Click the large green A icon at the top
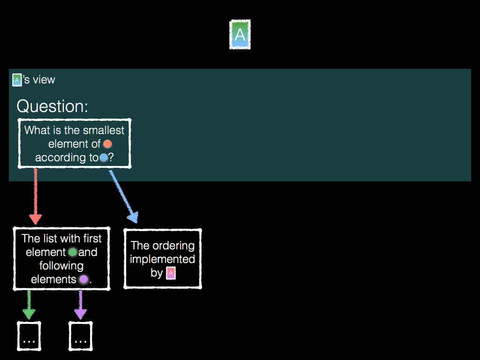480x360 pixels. (x=240, y=34)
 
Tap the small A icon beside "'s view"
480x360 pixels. (x=17, y=80)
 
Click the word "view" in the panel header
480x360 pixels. (x=44, y=80)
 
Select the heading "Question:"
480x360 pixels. (x=52, y=106)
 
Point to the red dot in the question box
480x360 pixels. (x=107, y=144)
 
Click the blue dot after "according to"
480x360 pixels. (x=104, y=158)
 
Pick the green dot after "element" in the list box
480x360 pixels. (x=73, y=252)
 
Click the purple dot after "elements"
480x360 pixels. (x=83, y=280)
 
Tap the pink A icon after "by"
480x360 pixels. (x=171, y=273)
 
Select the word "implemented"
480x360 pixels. (x=162, y=259)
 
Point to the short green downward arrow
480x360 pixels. (x=29, y=305)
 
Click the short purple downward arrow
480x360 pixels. (x=80, y=305)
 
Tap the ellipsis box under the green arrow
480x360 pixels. (x=29, y=336)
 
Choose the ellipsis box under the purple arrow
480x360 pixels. (x=81, y=336)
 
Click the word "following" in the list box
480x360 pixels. (x=61, y=266)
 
